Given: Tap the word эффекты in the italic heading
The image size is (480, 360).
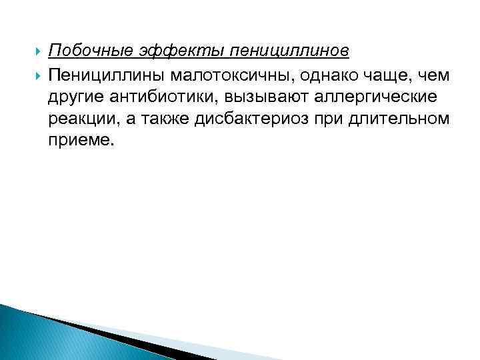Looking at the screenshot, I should (166, 51).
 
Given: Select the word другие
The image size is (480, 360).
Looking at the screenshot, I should (75, 97).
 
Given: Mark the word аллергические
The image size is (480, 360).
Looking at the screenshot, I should (379, 97).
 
